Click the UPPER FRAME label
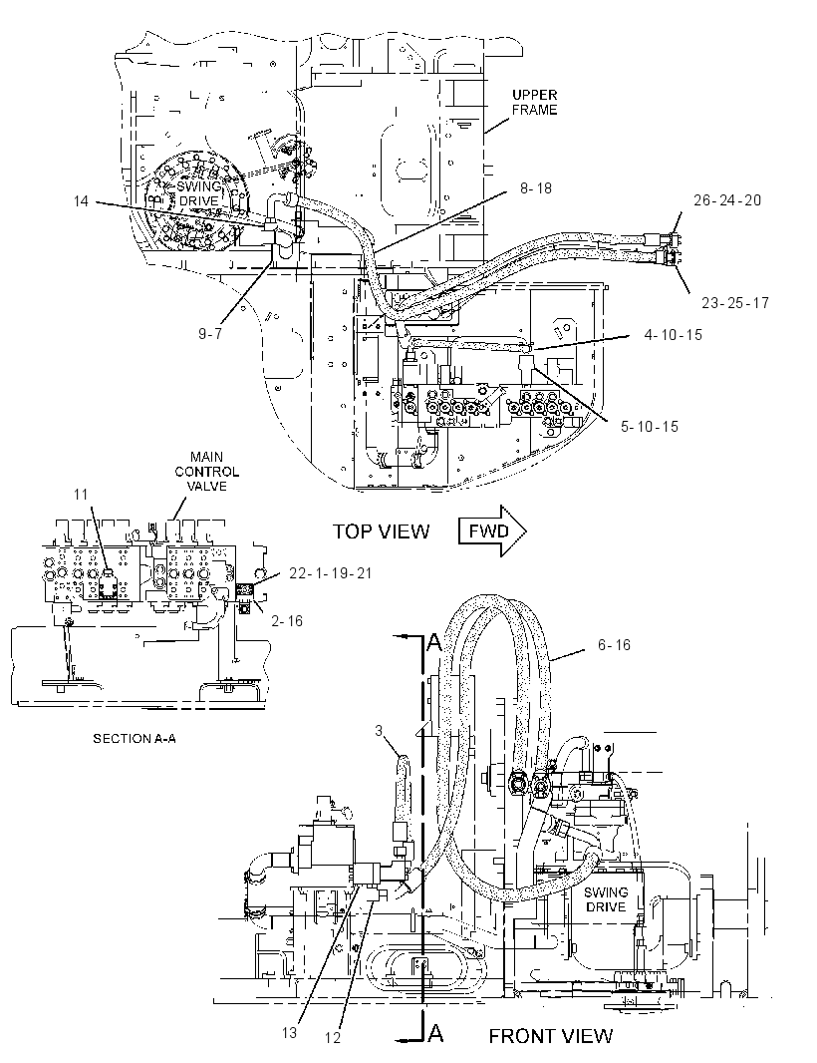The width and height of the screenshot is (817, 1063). [534, 103]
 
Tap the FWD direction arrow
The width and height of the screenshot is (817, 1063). [492, 531]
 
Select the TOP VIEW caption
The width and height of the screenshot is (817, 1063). [381, 531]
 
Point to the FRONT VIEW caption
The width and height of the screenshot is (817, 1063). [550, 1036]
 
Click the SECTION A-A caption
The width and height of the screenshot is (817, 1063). [135, 738]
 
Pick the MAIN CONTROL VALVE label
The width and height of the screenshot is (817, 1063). [206, 471]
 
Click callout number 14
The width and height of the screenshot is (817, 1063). [82, 201]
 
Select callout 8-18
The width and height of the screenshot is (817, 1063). [536, 188]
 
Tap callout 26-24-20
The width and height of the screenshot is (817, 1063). [727, 200]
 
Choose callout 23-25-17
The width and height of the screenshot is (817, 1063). [735, 302]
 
